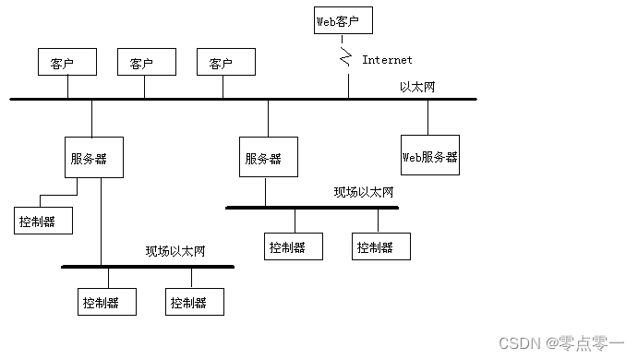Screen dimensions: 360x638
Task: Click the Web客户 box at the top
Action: click(x=343, y=19)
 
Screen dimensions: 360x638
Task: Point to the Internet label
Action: click(x=387, y=60)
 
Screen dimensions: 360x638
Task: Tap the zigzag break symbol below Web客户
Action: click(x=346, y=59)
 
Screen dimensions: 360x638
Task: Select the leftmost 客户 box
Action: click(x=67, y=63)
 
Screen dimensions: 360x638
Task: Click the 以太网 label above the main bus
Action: click(x=417, y=87)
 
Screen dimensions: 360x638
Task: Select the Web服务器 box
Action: click(x=429, y=156)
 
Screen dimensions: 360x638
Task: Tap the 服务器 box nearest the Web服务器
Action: click(x=268, y=157)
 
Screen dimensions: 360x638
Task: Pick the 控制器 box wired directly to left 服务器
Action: click(x=42, y=222)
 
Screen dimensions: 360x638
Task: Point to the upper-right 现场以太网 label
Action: click(x=364, y=192)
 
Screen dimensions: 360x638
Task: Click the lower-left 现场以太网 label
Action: click(x=175, y=251)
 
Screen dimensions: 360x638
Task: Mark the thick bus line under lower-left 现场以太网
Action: click(x=148, y=267)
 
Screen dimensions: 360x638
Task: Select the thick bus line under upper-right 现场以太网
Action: click(x=312, y=208)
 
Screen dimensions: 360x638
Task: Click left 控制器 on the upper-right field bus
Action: click(x=294, y=246)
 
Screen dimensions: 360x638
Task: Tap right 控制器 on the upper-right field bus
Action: click(x=379, y=246)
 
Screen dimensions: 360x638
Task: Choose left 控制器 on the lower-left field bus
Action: click(x=106, y=302)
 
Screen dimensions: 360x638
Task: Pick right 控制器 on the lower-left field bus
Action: click(x=194, y=302)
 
